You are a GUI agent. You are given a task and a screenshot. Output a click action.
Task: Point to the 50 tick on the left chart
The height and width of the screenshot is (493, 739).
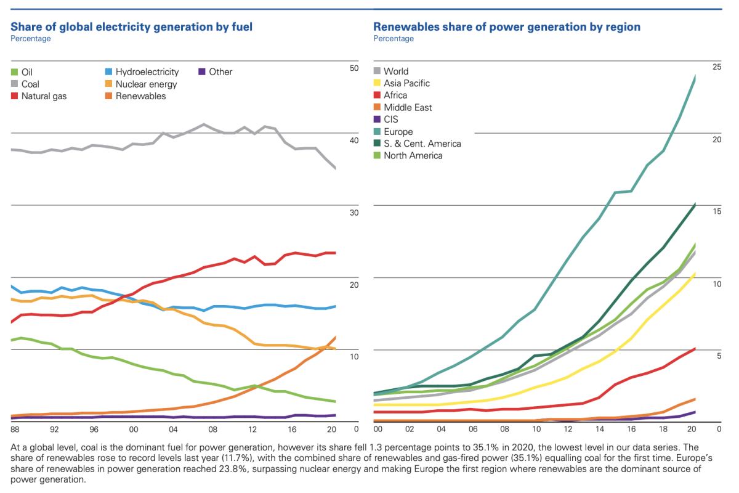[353, 68]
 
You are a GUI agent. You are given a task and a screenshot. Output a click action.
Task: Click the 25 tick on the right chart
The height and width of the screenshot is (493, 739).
[716, 67]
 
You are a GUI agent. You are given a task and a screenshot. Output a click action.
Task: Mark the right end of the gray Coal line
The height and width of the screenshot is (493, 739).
[335, 168]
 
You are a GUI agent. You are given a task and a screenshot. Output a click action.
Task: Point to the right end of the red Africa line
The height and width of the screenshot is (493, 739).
[695, 349]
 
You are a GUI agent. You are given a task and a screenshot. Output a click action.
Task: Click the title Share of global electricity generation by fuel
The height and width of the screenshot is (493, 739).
[132, 27]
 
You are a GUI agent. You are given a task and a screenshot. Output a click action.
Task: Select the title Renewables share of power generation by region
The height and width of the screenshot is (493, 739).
[507, 27]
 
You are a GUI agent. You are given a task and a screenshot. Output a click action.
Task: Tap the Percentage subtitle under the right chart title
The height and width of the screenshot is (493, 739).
[394, 39]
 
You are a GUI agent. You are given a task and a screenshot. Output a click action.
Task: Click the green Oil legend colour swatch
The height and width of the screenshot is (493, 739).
[15, 72]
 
